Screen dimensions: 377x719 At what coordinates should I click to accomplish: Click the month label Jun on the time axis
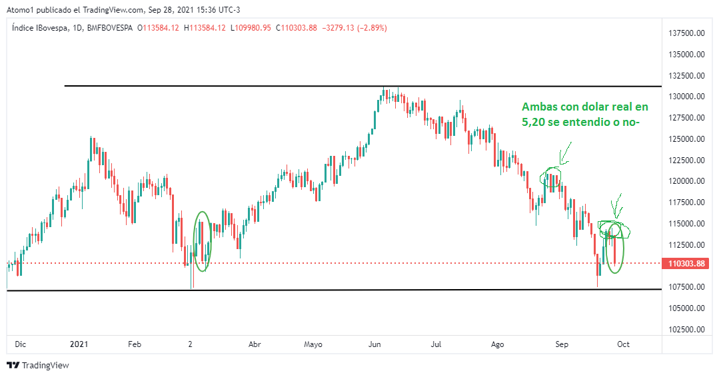[374, 344]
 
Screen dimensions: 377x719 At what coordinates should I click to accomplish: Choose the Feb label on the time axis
[135, 344]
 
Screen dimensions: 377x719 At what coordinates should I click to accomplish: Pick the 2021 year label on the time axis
[79, 344]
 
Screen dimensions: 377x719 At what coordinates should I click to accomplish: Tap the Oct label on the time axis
[624, 344]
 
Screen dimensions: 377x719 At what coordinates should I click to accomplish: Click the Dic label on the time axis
[20, 344]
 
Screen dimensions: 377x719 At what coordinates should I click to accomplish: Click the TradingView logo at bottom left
[38, 365]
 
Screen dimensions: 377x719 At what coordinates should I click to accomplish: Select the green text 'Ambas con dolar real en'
[584, 107]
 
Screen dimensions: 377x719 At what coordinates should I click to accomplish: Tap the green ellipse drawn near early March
[203, 241]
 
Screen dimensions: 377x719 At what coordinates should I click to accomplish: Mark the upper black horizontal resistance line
[360, 86]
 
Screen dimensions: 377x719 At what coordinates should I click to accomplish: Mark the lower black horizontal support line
[333, 290]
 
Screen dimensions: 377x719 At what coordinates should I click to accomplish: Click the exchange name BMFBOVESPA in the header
[110, 28]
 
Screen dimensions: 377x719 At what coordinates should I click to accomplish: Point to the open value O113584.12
[158, 28]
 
